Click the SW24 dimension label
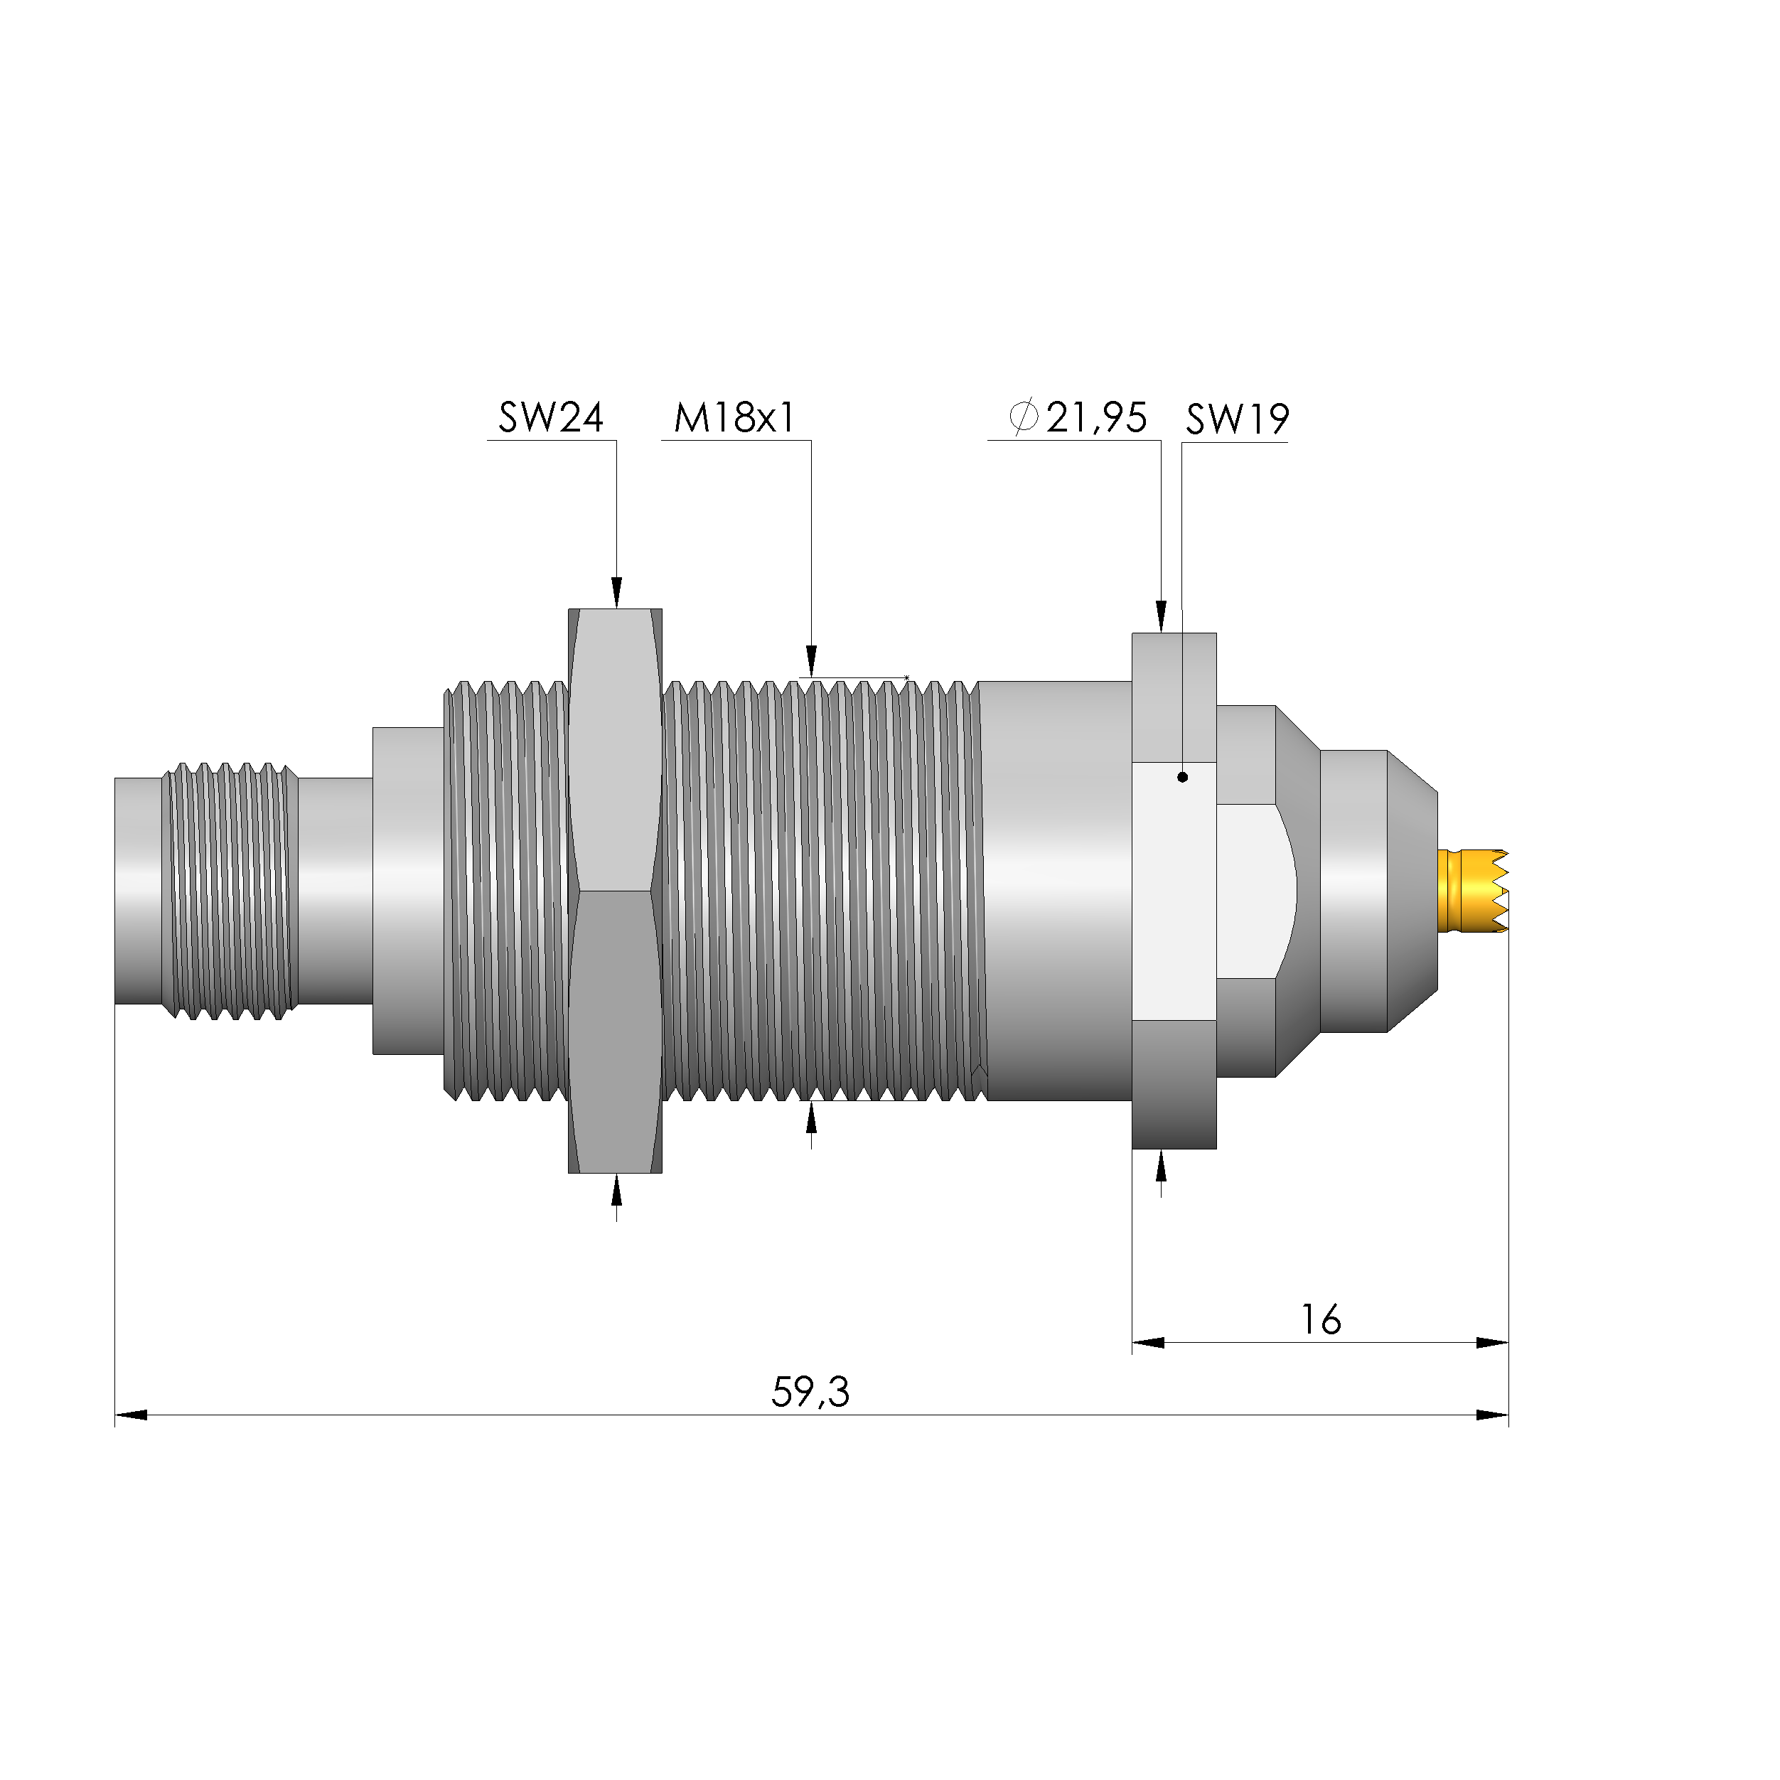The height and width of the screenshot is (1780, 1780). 551,417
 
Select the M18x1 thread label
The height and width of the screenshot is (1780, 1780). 734,417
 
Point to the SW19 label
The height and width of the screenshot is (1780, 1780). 1236,419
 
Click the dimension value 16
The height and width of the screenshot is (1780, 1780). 1320,1320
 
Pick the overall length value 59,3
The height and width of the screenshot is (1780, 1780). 810,1392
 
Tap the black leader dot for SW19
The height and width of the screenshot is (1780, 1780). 1182,777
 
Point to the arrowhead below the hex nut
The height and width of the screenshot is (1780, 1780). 616,1191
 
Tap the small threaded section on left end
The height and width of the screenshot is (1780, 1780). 230,891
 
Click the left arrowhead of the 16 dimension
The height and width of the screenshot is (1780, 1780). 1148,1342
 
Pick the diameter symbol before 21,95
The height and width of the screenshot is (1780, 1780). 1023,417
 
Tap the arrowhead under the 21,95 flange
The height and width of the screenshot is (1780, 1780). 1161,1167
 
